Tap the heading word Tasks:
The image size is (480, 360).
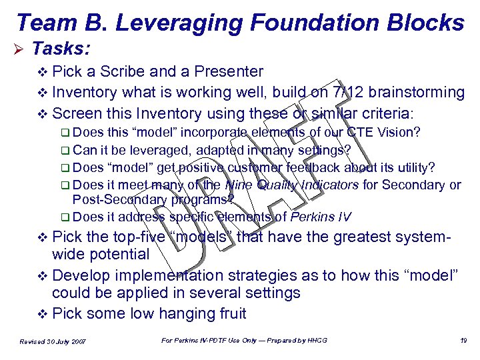61,49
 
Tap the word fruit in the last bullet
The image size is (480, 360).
228,313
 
